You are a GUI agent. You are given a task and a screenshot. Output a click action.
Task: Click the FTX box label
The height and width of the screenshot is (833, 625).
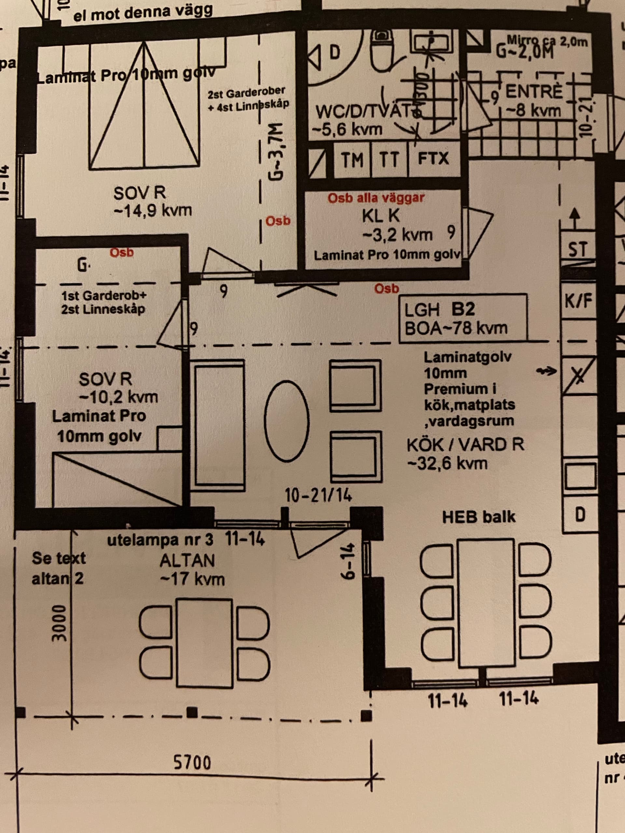coord(433,158)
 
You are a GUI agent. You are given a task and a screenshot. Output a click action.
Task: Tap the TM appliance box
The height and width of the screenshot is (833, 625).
coord(352,159)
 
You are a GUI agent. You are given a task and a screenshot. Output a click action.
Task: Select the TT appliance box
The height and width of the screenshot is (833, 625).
coord(389,159)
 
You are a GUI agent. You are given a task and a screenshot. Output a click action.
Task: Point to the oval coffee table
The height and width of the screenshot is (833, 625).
coord(287,421)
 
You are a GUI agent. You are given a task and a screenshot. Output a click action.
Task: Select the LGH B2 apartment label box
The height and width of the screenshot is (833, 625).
coord(463,319)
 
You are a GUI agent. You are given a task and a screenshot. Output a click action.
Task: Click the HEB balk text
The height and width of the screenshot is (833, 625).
coord(478,517)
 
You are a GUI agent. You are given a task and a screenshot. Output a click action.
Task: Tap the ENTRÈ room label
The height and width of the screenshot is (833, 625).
coord(534,92)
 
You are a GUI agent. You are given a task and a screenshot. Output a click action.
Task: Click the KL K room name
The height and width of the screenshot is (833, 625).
coord(381,216)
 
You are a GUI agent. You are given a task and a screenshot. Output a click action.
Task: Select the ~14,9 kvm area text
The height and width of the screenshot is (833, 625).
coord(153,210)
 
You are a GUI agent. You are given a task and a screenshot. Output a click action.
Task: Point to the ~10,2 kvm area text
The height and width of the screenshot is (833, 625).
coord(118,397)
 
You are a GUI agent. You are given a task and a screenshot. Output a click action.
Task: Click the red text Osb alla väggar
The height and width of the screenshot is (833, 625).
coord(376,198)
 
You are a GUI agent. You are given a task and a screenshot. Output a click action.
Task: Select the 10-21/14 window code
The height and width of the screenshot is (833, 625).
coord(318,495)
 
